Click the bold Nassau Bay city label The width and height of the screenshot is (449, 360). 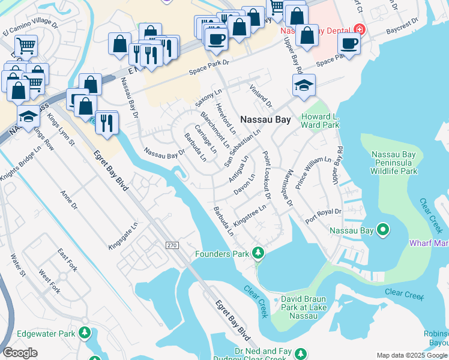(265, 119)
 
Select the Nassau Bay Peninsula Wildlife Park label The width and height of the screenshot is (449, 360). (394, 163)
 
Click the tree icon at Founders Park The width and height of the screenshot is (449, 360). (258, 253)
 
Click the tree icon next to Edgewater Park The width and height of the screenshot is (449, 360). (85, 332)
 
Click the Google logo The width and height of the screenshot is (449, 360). (20, 353)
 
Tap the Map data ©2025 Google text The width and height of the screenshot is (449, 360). (412, 355)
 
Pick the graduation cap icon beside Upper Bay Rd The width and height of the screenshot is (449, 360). (304, 85)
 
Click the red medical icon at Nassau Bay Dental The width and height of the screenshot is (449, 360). (359, 29)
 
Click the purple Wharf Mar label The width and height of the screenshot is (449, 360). (429, 243)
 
